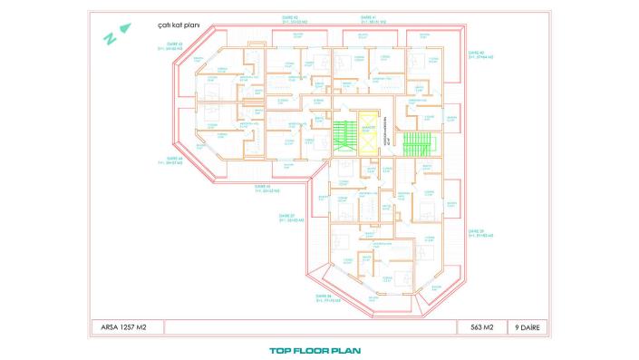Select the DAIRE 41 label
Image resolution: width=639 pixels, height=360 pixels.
click(365, 16)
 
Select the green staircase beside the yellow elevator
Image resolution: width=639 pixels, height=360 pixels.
click(343, 131)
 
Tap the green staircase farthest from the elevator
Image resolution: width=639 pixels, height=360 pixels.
click(416, 143)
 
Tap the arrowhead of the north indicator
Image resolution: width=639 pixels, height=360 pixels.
click(125, 27)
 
